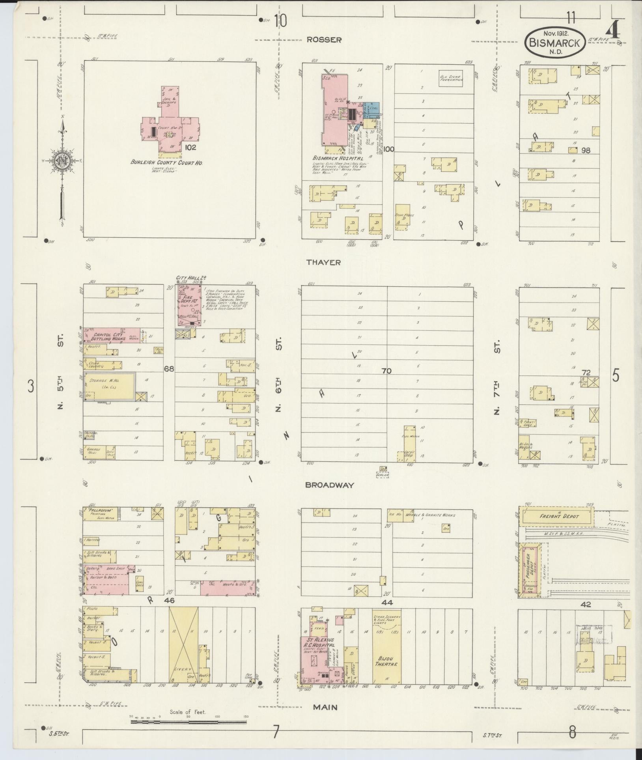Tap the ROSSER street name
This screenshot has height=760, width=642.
pos(324,39)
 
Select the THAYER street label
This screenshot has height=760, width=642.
pos(323,262)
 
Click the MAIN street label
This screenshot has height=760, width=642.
pos(325,707)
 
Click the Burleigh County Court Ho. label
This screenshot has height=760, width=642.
pos(166,162)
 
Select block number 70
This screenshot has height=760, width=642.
pos(386,371)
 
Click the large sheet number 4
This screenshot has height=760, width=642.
pos(614,31)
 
